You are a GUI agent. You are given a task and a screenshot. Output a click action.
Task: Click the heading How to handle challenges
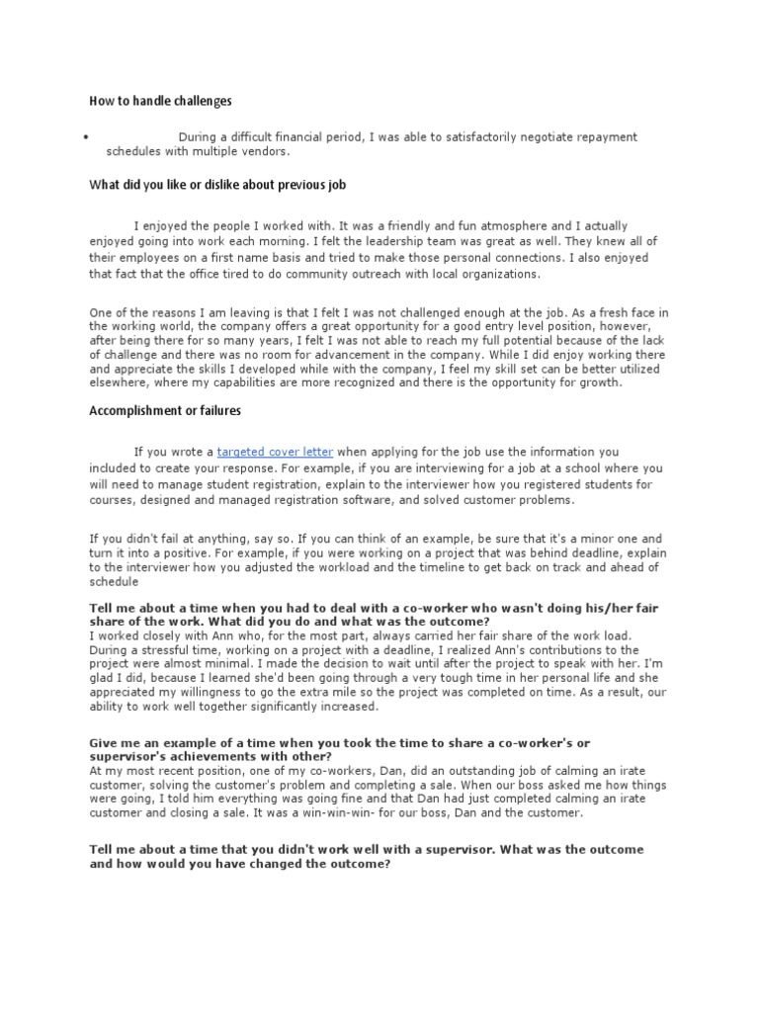pyautogui.click(x=160, y=101)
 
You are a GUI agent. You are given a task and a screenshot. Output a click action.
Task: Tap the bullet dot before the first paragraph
pyautogui.click(x=88, y=137)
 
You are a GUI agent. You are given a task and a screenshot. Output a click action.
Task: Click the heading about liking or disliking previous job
pyautogui.click(x=217, y=185)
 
